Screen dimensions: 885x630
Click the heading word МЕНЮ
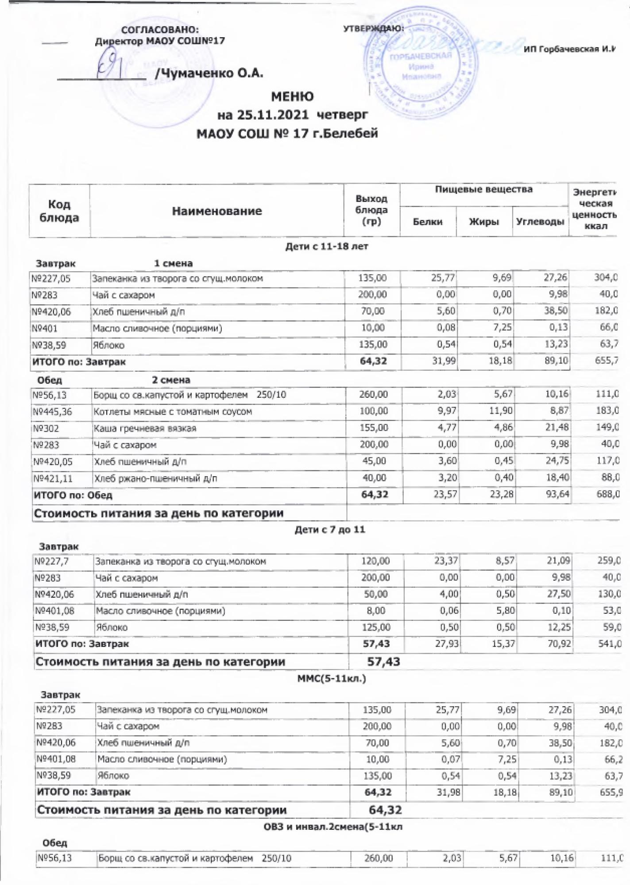pos(292,96)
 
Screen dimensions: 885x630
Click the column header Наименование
pos(217,211)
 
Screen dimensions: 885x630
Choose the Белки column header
pos(428,222)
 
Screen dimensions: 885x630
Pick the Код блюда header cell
pos(59,211)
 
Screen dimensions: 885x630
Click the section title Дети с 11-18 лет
pos(327,246)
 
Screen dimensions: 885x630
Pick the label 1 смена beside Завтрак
pos(173,263)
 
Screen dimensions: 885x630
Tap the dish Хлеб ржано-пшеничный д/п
pos(155,478)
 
